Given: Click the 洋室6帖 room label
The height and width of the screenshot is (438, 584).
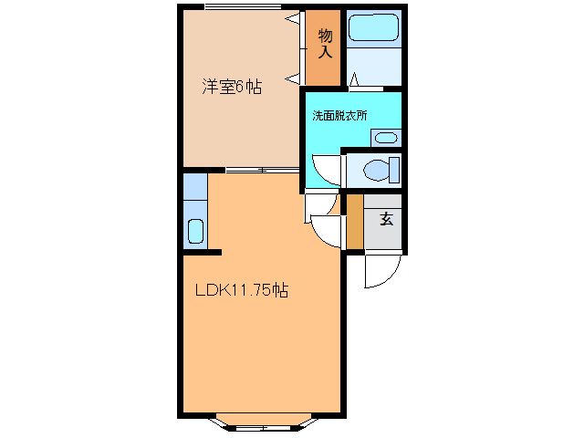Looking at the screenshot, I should pyautogui.click(x=232, y=88).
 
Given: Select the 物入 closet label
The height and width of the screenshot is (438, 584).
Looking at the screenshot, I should pyautogui.click(x=325, y=44).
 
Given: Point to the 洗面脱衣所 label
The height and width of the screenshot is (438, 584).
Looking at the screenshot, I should pyautogui.click(x=339, y=116).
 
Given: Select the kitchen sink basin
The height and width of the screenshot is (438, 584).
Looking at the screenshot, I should pyautogui.click(x=194, y=231).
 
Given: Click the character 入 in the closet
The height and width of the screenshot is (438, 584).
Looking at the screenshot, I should pyautogui.click(x=325, y=53).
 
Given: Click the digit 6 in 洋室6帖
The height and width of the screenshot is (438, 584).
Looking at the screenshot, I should pyautogui.click(x=238, y=88).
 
